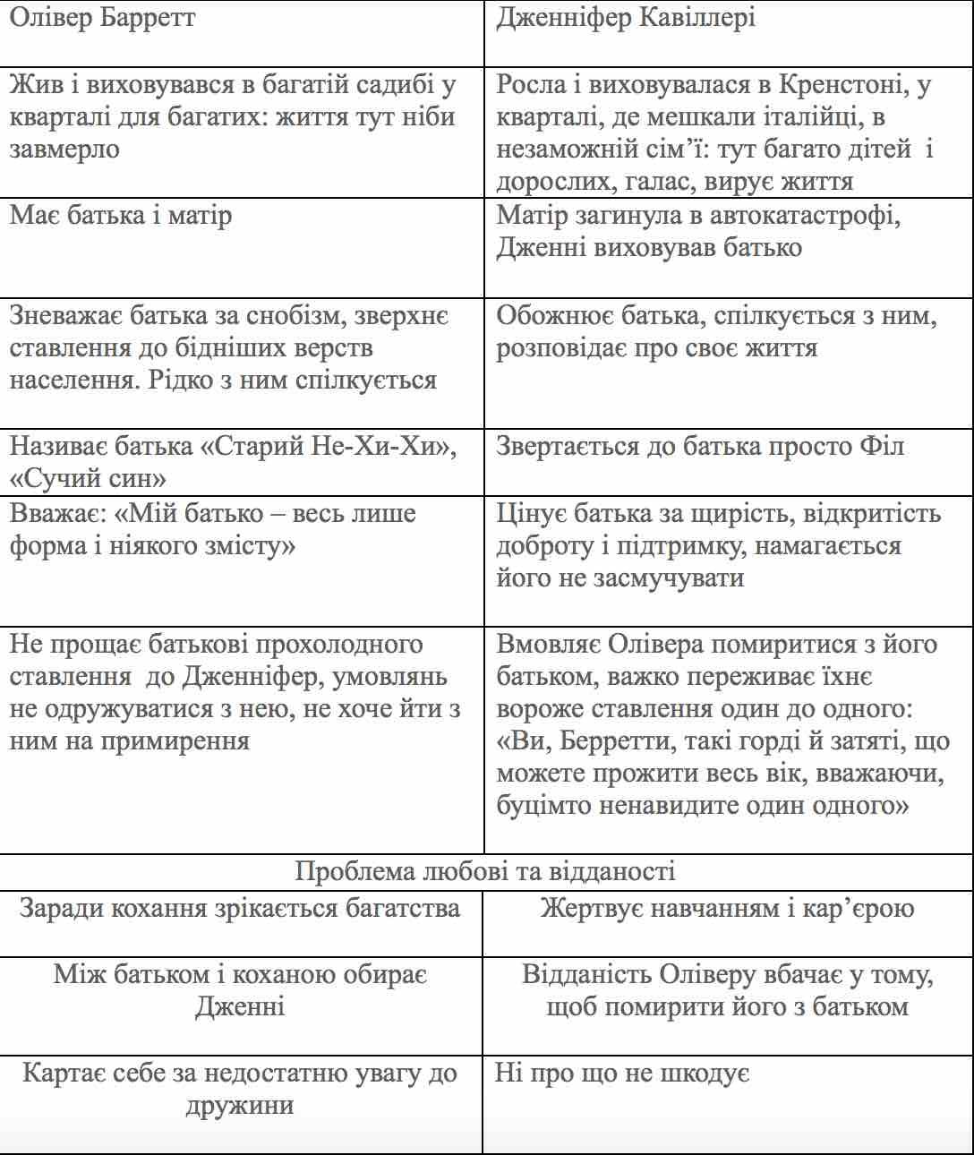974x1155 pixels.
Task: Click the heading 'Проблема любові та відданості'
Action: pyautogui.click(x=485, y=871)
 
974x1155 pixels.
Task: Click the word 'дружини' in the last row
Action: pyautogui.click(x=240, y=1105)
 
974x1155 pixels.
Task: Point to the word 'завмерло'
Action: pyautogui.click(x=64, y=150)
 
